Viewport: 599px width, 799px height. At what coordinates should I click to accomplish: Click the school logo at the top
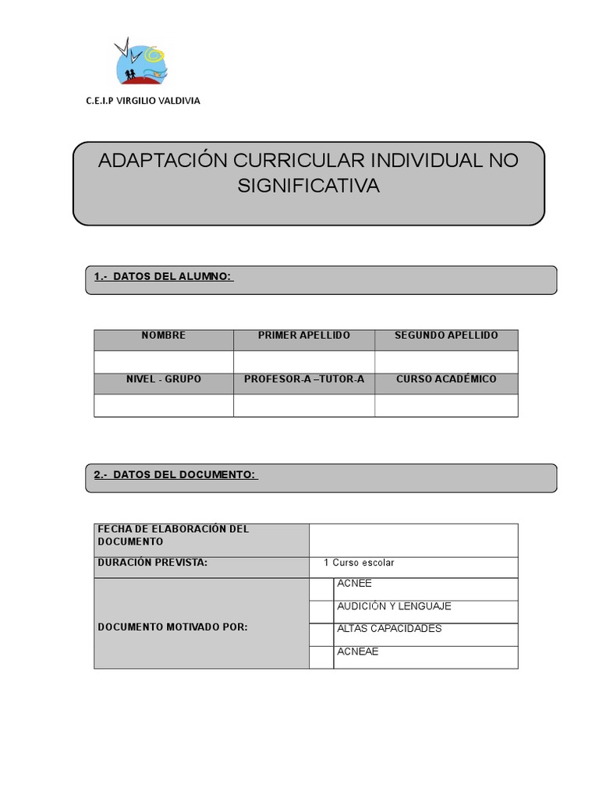141,62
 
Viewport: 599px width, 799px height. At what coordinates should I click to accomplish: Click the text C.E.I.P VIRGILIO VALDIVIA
143,101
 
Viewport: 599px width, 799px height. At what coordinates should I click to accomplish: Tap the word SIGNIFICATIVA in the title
308,186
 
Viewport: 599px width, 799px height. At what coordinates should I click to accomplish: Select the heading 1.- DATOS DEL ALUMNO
163,277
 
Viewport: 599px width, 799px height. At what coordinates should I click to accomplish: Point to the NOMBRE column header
164,336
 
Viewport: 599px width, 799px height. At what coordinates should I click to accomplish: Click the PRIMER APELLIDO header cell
304,336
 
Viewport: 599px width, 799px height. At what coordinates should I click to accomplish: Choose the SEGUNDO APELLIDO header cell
446,336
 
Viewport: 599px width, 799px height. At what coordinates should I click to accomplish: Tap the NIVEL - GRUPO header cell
164,379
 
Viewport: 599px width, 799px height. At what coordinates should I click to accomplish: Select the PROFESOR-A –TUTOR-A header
304,379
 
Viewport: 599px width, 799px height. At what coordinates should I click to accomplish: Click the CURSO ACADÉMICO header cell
446,379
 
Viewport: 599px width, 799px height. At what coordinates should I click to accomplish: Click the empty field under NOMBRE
164,362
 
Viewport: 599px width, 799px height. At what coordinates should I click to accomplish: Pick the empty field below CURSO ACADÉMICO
446,406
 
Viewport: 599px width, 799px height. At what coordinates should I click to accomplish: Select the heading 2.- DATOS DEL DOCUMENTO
175,475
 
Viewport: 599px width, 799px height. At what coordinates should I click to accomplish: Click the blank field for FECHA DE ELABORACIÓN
413,540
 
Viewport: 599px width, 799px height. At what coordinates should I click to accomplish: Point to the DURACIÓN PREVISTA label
153,563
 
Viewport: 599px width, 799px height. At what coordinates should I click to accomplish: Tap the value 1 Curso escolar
359,563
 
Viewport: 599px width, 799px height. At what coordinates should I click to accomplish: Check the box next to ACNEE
321,589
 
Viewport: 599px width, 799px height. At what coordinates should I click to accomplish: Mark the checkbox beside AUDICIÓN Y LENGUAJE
321,612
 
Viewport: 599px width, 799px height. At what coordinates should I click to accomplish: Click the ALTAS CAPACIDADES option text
389,629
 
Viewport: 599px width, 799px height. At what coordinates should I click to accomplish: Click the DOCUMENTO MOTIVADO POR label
173,627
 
